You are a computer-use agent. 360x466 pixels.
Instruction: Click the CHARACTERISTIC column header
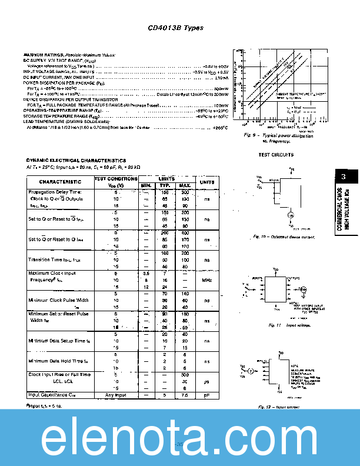point(61,182)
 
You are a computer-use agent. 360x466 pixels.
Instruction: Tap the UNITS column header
point(206,182)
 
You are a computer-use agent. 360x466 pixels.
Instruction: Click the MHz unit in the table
point(206,280)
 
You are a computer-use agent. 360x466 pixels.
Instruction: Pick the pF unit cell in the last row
point(206,395)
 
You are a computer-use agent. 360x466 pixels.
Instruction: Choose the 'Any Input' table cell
point(116,395)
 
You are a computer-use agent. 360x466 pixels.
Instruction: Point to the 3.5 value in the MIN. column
point(146,274)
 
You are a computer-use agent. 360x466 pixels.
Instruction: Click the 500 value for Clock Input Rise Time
point(185,374)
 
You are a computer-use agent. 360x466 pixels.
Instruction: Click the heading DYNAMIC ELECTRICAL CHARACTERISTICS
point(76,161)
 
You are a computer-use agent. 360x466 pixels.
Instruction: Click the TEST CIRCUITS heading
point(276,155)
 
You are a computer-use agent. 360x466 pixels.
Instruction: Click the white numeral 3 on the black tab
point(344,177)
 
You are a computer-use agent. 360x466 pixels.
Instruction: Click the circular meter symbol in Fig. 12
point(250,371)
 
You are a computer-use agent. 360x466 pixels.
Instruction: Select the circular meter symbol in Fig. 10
point(274,216)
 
